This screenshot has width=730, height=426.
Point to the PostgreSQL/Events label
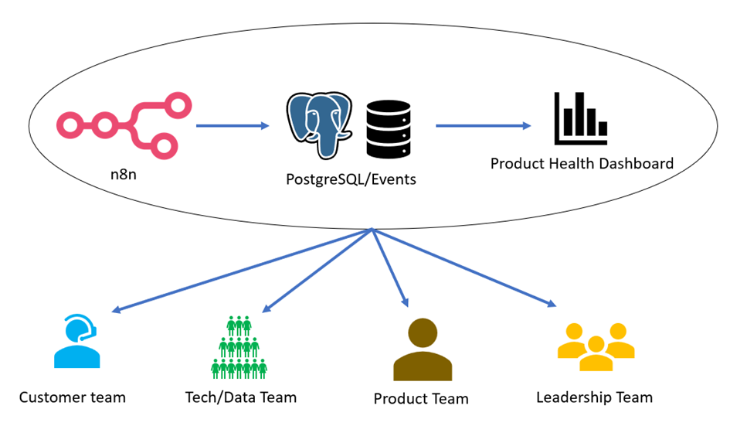(x=351, y=179)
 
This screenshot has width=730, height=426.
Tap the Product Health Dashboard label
(x=582, y=164)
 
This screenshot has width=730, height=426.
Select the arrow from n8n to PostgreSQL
(x=232, y=125)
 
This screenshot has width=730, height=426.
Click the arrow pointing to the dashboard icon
(x=484, y=125)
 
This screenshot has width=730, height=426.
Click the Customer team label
(x=72, y=398)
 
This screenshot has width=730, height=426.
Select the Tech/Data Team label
(x=241, y=398)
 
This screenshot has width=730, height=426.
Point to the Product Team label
(x=421, y=399)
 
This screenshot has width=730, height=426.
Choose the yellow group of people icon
(x=596, y=346)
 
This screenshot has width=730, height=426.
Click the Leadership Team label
(x=594, y=398)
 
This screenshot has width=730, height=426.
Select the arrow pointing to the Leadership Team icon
(x=463, y=268)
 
